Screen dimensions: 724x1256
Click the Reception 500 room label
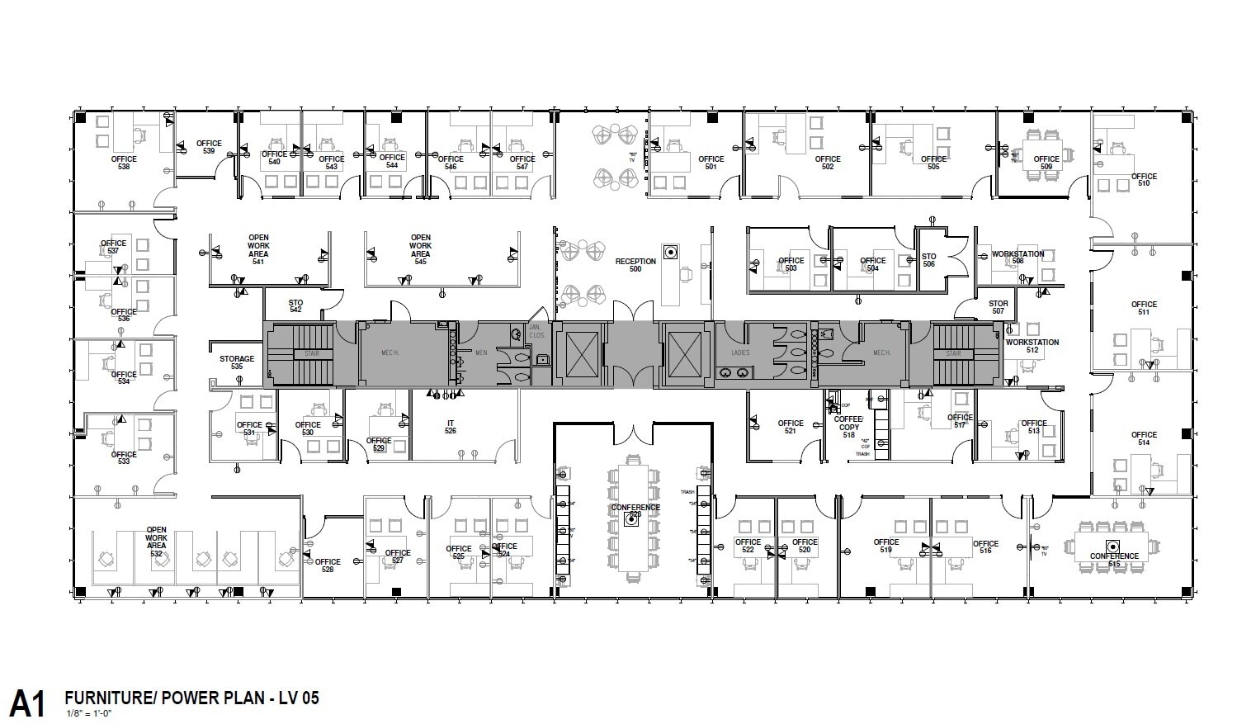tap(635, 265)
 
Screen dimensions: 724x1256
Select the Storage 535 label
tap(237, 362)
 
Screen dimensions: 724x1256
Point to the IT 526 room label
tap(451, 427)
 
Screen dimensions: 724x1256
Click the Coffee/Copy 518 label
tap(848, 427)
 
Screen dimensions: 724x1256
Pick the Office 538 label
tap(124, 163)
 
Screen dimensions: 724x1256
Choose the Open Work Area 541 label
tap(258, 249)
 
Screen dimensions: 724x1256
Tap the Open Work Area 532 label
tap(156, 542)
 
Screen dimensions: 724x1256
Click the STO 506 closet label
tap(928, 260)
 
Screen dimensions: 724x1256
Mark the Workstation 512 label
tap(1032, 346)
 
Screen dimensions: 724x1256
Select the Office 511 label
tap(1144, 308)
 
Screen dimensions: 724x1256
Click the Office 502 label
tap(828, 163)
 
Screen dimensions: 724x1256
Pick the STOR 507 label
tap(999, 307)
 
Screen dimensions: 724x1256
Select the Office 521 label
tap(790, 427)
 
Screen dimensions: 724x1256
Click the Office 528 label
tap(328, 565)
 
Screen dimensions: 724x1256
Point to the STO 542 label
tap(295, 306)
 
